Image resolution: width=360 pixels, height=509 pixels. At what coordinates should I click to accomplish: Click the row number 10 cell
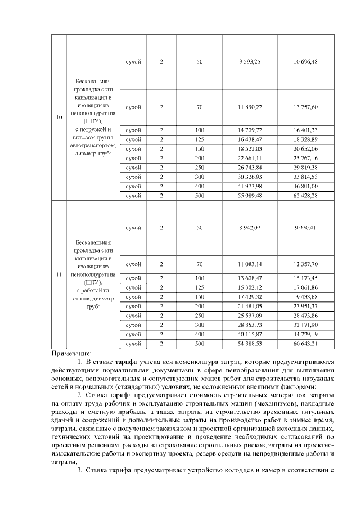[59, 118]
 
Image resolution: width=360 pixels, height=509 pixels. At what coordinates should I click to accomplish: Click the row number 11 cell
[59, 274]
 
